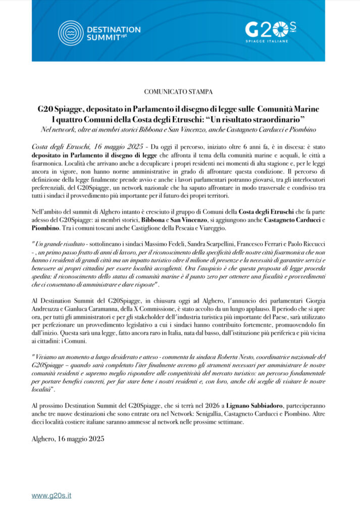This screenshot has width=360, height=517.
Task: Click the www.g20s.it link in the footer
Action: coord(52,495)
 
